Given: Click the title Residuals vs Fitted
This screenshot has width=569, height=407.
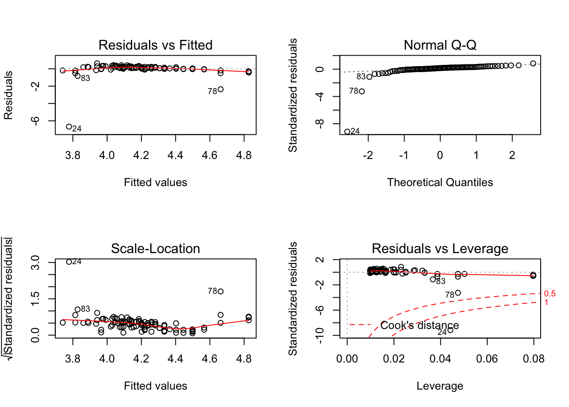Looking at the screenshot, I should [155, 45].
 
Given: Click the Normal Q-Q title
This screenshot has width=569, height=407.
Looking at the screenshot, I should [440, 45].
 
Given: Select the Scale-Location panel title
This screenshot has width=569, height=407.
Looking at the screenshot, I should [155, 248].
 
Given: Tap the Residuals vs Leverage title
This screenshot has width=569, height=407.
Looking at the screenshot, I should [440, 248].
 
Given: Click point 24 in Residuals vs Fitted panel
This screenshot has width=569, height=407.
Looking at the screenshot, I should [69, 127].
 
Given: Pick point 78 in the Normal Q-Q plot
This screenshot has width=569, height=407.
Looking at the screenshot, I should [362, 91].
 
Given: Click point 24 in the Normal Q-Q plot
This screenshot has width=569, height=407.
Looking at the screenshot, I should [347, 132].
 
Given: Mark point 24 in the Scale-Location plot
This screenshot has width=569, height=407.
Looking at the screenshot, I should [69, 262].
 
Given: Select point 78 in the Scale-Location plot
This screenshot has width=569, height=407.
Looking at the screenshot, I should [221, 291].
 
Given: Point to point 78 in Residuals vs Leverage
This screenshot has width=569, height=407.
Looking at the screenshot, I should [458, 293].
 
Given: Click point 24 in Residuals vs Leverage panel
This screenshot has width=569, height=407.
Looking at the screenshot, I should [450, 330].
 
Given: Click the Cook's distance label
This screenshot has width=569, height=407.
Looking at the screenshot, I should [419, 325].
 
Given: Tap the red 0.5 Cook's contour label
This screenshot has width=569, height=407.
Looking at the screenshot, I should [550, 294].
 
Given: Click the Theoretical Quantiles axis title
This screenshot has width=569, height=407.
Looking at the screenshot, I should [440, 182].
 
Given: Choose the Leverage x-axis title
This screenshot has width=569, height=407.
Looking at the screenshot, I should [440, 386].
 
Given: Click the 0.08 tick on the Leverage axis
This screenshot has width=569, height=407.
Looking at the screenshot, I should [533, 359].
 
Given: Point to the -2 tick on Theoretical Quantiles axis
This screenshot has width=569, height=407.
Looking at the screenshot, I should [368, 155].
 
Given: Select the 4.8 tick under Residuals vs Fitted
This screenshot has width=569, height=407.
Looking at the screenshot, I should [244, 155].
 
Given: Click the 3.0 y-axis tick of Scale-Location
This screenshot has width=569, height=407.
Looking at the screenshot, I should [35, 262].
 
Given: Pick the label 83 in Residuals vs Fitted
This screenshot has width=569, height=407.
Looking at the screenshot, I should [86, 78].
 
